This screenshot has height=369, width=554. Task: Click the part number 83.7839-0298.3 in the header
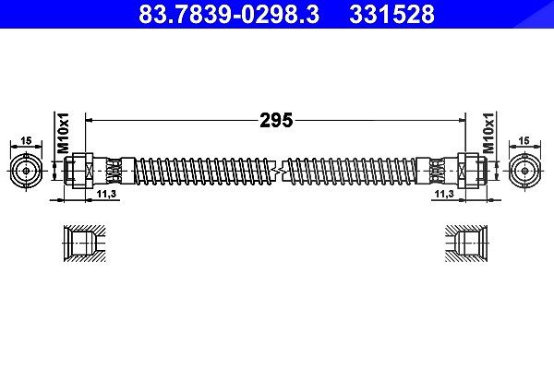click(x=229, y=14)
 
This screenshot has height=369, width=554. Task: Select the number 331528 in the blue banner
click(x=391, y=14)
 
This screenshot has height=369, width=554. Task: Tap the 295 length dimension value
click(x=276, y=121)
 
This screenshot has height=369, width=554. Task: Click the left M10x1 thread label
click(x=63, y=133)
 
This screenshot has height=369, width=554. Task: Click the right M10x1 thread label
click(x=488, y=133)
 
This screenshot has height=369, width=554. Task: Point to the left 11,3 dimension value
click(x=107, y=194)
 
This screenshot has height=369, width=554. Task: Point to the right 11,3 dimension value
click(x=444, y=194)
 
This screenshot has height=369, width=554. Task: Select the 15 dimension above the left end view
click(x=26, y=140)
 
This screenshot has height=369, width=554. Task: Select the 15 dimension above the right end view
click(x=524, y=140)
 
